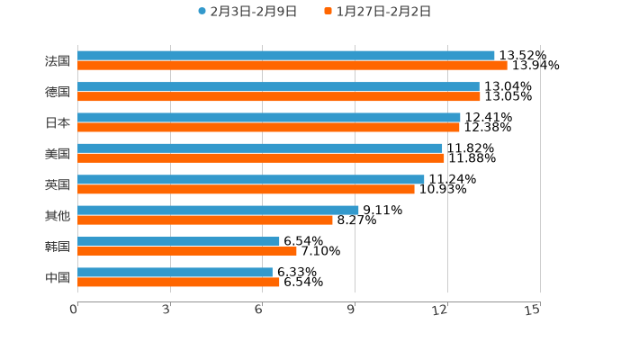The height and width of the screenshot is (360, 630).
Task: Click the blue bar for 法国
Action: (x=286, y=56)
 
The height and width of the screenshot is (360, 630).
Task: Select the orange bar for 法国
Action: (x=292, y=66)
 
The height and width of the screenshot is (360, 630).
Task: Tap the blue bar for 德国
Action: (x=278, y=86)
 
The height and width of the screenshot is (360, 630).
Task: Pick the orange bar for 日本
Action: (x=268, y=127)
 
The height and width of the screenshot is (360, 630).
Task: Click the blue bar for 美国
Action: (x=260, y=148)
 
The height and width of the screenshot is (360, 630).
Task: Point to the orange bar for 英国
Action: (x=246, y=189)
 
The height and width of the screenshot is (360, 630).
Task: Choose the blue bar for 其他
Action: (x=218, y=210)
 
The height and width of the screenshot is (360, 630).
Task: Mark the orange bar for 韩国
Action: (x=187, y=251)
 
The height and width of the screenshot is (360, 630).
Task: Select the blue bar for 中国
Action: (x=175, y=272)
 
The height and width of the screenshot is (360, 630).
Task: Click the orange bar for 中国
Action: (x=178, y=282)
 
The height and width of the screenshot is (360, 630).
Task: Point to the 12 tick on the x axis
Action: (x=440, y=310)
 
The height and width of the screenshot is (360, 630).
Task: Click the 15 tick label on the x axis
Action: (x=532, y=310)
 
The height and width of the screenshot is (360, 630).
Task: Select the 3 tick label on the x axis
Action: (x=166, y=310)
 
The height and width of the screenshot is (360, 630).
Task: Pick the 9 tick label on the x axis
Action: (x=352, y=310)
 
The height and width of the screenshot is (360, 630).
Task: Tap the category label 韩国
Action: (x=58, y=247)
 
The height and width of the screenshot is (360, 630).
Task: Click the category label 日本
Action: (x=58, y=122)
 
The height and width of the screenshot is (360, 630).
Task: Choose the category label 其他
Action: (x=58, y=215)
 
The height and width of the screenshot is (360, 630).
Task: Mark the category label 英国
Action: (x=58, y=184)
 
